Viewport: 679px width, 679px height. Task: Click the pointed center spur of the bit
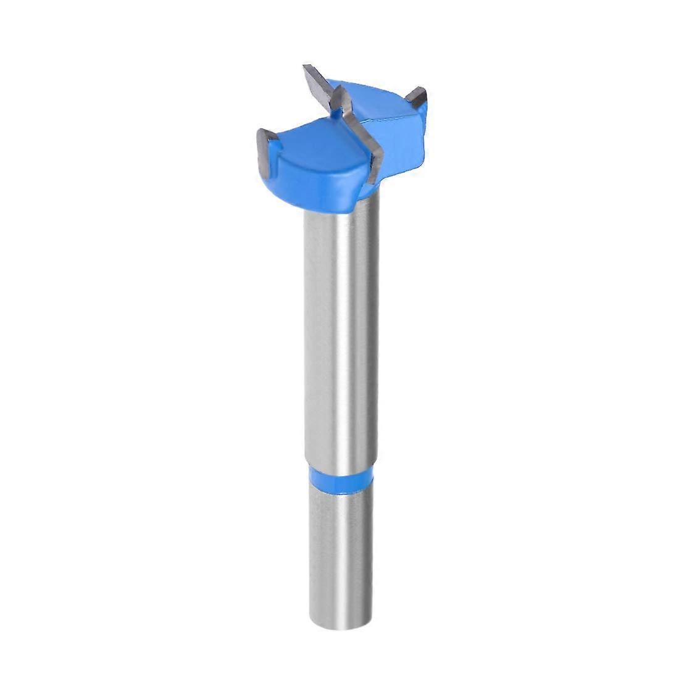point(337,96)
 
